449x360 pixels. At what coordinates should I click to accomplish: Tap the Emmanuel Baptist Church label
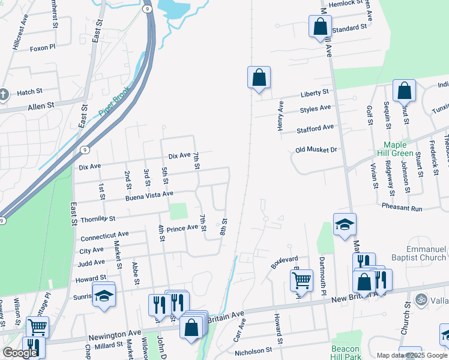click(x=418, y=253)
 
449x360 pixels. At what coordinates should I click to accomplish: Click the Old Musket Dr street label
click(x=318, y=149)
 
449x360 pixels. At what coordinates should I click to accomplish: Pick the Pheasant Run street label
click(x=402, y=208)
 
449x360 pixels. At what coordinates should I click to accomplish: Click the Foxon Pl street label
click(x=43, y=47)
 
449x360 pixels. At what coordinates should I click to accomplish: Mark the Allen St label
click(x=41, y=106)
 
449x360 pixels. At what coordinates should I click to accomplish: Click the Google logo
click(x=20, y=353)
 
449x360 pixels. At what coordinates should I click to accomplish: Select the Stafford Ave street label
click(x=315, y=128)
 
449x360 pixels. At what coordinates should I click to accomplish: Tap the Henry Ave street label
click(x=280, y=113)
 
